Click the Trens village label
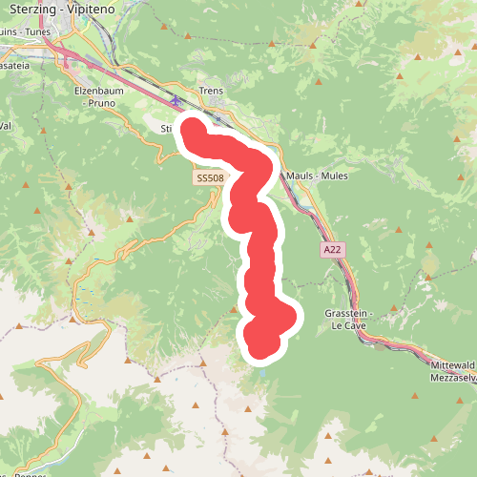[x=210, y=92]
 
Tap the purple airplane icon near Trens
[x=175, y=100]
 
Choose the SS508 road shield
[x=209, y=177]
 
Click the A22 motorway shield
[x=331, y=249]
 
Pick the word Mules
[x=334, y=176]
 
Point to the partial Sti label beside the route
[x=166, y=128]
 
